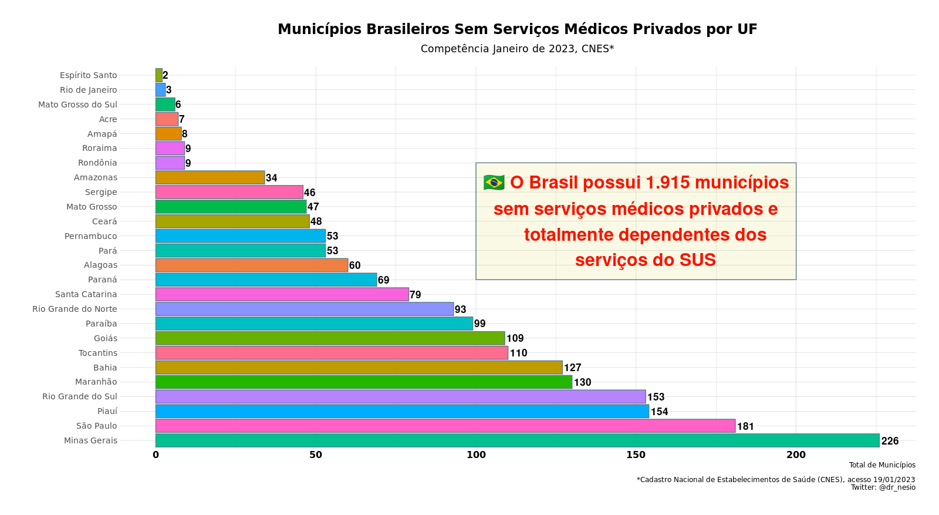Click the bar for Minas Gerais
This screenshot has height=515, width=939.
516,440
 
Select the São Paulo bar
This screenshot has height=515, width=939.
445,426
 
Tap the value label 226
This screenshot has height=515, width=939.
890,441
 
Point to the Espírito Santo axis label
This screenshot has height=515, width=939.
88,75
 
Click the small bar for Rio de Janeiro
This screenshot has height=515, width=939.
160,90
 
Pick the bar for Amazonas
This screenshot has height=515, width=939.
210,177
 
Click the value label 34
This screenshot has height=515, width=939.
271,178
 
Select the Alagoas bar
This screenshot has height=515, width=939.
251,265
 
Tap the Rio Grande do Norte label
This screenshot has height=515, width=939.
75,309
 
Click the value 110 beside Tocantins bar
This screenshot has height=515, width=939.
518,353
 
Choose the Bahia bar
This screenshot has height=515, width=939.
358,368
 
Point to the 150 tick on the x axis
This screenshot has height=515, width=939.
636,455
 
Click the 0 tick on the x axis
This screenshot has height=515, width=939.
156,455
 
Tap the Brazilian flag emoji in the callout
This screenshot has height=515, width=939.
494,183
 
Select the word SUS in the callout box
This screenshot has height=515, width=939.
697,260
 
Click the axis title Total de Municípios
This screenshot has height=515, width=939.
881,465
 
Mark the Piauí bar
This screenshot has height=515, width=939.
401,411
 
